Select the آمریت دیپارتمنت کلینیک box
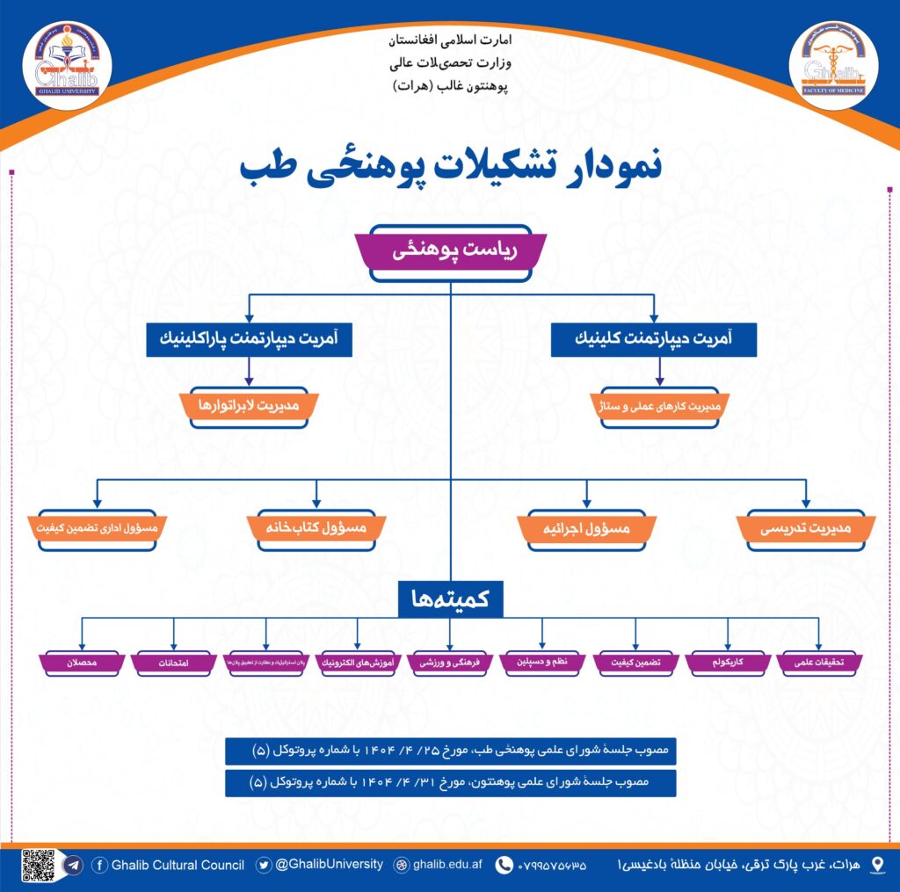click(x=653, y=339)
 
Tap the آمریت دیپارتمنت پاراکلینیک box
click(x=249, y=339)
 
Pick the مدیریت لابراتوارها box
click(x=249, y=407)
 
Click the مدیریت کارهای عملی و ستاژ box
click(x=654, y=407)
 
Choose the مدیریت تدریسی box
click(x=806, y=527)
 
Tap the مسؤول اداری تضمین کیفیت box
click(x=97, y=527)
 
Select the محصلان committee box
click(x=82, y=662)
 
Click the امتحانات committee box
click(x=174, y=662)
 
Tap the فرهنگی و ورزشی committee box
click(x=450, y=662)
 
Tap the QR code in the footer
click(x=39, y=866)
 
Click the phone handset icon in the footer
click(x=504, y=866)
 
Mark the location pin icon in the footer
click(x=876, y=866)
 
